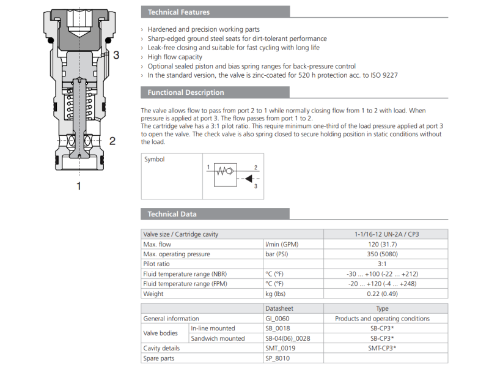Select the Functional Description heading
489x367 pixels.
(x=185, y=93)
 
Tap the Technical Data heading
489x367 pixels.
(x=172, y=214)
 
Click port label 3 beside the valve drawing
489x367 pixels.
(x=116, y=55)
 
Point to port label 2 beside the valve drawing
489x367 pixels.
(x=112, y=141)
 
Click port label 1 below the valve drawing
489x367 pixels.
(x=78, y=186)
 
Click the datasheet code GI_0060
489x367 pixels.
(x=279, y=318)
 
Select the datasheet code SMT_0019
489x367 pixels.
(x=281, y=347)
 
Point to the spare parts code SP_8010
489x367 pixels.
(x=278, y=357)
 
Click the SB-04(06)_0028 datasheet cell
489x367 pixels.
(x=291, y=338)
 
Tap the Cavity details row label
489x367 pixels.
(x=163, y=347)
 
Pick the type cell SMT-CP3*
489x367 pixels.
(x=382, y=347)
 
